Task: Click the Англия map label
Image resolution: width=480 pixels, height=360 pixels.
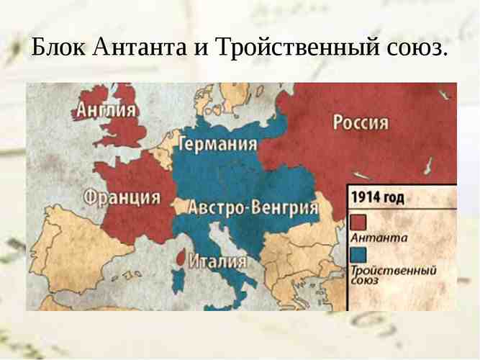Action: pos(107,110)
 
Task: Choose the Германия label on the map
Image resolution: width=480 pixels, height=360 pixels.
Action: pos(217,144)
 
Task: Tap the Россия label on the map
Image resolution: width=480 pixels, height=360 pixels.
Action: pos(361,122)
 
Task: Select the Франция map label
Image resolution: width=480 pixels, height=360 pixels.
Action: pos(122,196)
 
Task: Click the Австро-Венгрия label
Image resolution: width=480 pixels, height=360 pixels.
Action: pos(253,207)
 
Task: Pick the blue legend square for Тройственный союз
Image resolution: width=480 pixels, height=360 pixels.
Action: pos(358,255)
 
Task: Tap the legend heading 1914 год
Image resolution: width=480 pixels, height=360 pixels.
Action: pos(378,197)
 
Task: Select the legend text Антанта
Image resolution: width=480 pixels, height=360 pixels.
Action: pos(379,238)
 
